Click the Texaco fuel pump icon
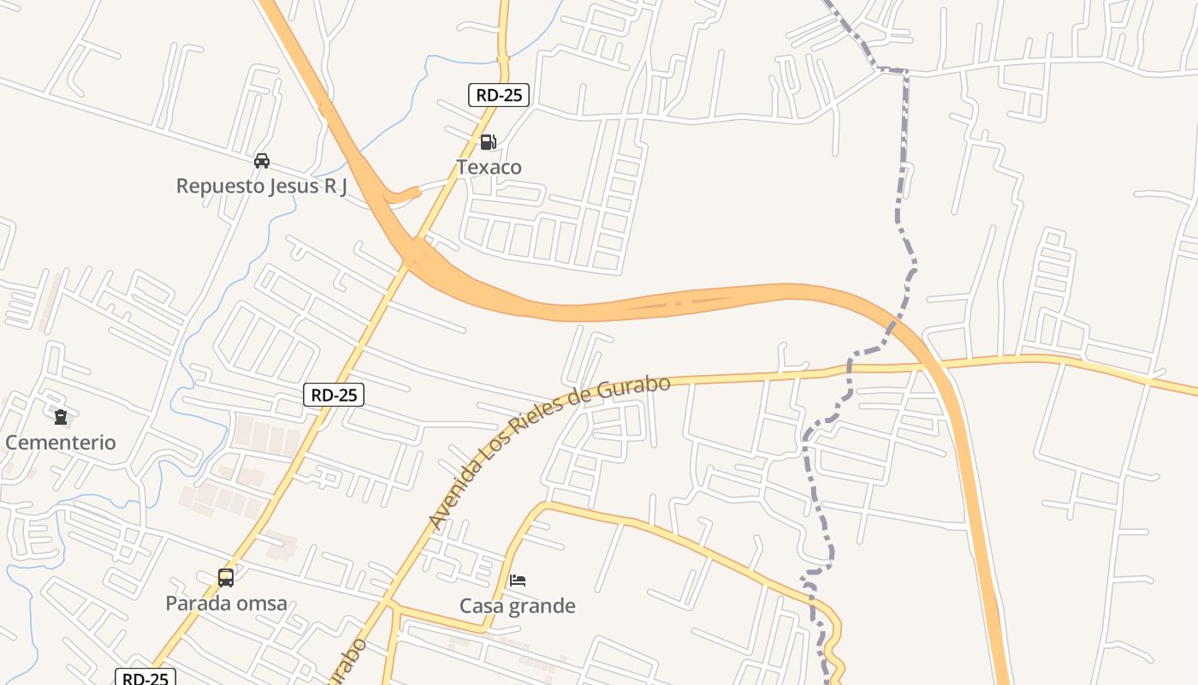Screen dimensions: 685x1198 coord(488,141)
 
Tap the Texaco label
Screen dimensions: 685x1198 coord(489,167)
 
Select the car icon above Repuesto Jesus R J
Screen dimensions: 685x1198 coord(262,160)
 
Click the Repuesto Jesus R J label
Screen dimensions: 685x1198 coord(261,186)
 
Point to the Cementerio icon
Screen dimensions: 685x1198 coord(60,417)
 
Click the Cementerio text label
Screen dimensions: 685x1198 coord(60,443)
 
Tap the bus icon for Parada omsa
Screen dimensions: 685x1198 coord(226,578)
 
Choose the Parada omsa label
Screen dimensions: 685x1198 coord(226,604)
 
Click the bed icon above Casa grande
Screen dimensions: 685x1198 coord(518,581)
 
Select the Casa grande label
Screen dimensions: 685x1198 coord(517,606)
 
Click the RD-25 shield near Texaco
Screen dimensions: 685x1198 coord(499,95)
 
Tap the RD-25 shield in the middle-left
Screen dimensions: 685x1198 coord(334,395)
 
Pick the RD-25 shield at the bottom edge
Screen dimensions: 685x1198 coord(145,678)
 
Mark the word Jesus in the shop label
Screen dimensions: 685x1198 coord(282,186)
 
